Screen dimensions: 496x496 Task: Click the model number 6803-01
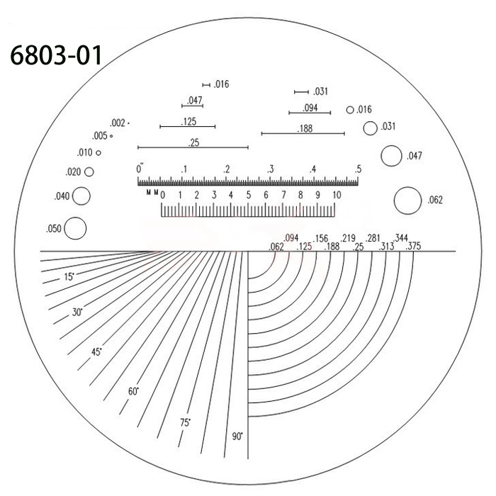pos(56,55)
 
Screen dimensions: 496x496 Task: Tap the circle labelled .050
pos(74,227)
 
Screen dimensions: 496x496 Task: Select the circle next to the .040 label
pos(81,196)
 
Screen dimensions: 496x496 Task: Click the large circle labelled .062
pos(407,200)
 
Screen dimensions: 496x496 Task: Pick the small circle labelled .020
pos(89,171)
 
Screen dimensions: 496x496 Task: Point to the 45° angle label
pos(96,352)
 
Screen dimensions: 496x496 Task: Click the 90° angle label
pos(237,436)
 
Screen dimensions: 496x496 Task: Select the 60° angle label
pos(133,392)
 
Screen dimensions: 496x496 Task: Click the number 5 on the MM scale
pos(249,195)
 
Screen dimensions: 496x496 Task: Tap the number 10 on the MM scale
pos(337,195)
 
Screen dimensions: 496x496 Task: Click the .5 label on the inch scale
pos(359,169)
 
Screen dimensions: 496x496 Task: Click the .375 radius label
pos(410,247)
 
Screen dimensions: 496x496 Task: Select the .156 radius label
pos(321,239)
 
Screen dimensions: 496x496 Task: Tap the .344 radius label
pos(401,238)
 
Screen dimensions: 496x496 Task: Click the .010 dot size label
pos(85,152)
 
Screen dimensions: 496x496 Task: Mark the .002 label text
pos(118,123)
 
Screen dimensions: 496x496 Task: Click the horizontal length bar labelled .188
pos(303,133)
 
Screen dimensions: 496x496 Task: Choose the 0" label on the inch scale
pos(140,169)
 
